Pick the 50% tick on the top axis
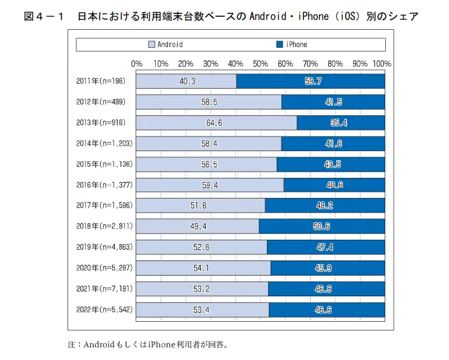(260, 63)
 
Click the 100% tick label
(382, 63)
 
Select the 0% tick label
(137, 63)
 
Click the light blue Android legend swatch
(152, 44)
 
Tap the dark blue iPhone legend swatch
(280, 44)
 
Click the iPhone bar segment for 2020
(328, 268)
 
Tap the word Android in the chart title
(269, 16)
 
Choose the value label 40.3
(187, 81)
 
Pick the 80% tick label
(335, 63)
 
